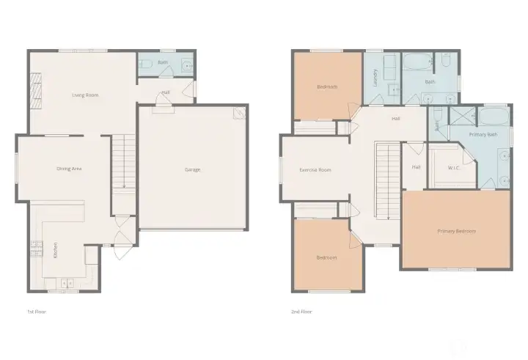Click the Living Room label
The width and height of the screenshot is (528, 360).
pyautogui.click(x=85, y=95)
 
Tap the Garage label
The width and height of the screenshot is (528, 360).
pyautogui.click(x=192, y=169)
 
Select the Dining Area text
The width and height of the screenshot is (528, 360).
pyautogui.click(x=68, y=169)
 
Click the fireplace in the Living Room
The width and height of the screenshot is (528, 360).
pyautogui.click(x=34, y=89)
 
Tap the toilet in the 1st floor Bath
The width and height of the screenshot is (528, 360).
pyautogui.click(x=145, y=64)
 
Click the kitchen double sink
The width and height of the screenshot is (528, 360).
pyautogui.click(x=65, y=281)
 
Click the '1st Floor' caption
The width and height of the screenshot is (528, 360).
pyautogui.click(x=36, y=312)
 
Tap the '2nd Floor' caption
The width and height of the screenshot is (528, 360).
pyautogui.click(x=301, y=312)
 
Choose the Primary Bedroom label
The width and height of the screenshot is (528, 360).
pyautogui.click(x=456, y=232)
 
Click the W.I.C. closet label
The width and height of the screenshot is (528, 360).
pyautogui.click(x=455, y=168)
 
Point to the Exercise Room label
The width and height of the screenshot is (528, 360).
pyautogui.click(x=315, y=169)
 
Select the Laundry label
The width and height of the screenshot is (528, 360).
pyautogui.click(x=375, y=78)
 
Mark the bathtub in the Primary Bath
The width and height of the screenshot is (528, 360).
pyautogui.click(x=494, y=115)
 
